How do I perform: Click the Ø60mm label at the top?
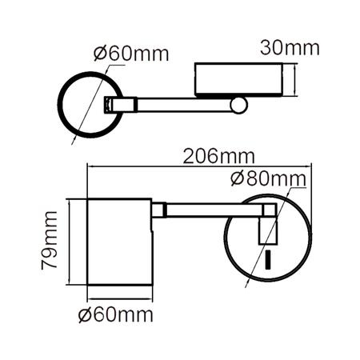point(130,54)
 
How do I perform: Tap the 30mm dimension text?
point(290,47)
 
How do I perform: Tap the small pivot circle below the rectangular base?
point(240,104)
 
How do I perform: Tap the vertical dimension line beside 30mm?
point(298,80)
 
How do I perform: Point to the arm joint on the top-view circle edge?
point(112,104)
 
